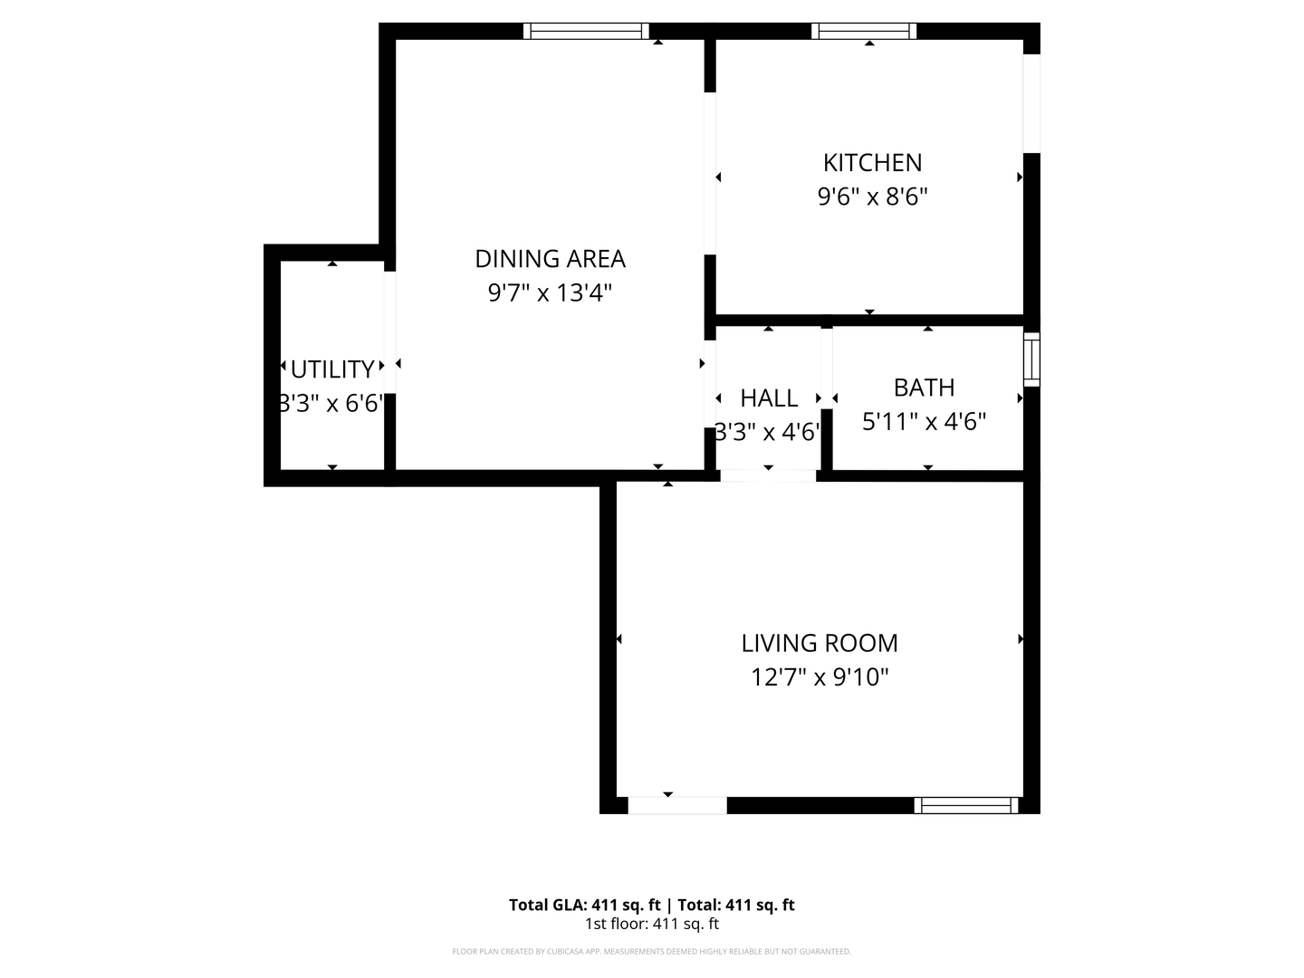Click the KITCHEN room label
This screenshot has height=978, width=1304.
872,163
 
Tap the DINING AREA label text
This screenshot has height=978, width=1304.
550,259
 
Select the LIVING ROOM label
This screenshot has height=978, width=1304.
820,643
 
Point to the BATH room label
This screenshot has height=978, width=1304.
924,388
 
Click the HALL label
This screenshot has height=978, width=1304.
769,398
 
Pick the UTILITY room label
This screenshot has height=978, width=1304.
332,369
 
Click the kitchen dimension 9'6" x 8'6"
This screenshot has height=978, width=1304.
872,197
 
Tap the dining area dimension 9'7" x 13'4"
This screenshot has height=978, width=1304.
550,292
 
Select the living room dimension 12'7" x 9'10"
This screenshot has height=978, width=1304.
820,677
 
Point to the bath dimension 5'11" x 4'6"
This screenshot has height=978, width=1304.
924,422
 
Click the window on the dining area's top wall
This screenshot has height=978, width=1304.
586,31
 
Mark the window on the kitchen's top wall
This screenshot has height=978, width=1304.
864,31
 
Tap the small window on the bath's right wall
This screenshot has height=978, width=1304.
1031,360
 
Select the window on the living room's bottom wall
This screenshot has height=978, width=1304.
966,805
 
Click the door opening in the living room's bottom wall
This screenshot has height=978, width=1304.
676,805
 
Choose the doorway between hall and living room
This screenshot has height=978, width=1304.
768,475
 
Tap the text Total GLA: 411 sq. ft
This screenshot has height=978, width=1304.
586,905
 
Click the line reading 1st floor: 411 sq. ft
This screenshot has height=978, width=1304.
651,925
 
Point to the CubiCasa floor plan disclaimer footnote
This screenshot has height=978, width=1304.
651,952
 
